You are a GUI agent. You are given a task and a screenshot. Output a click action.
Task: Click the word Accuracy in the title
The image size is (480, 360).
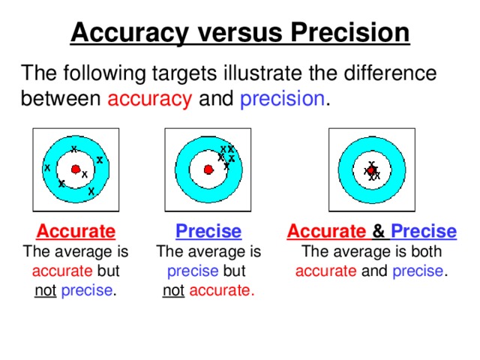click(x=128, y=34)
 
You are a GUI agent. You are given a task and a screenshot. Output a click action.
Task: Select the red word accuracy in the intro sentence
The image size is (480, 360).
click(x=150, y=99)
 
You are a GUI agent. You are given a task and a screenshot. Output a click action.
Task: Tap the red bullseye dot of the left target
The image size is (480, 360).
click(x=75, y=169)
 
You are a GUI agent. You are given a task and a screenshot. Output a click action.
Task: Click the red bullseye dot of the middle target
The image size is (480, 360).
click(x=208, y=170)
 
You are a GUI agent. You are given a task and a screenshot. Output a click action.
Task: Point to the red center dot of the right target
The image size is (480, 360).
click(x=371, y=170)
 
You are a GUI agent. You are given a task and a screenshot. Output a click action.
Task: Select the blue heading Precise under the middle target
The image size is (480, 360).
click(x=208, y=231)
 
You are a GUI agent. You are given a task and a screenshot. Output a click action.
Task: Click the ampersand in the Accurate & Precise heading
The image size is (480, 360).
click(x=379, y=231)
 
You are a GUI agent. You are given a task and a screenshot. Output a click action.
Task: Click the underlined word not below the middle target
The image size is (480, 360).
click(x=173, y=289)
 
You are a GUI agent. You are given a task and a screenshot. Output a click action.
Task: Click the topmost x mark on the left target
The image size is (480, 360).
click(x=73, y=148)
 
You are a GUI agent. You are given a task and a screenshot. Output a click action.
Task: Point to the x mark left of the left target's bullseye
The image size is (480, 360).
click(x=47, y=167)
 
